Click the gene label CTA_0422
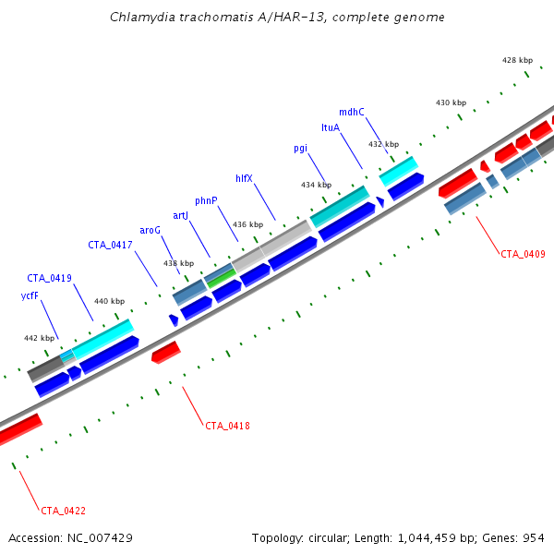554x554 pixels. (x=63, y=510)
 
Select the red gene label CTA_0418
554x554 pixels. (x=227, y=426)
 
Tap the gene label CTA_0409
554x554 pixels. (x=523, y=253)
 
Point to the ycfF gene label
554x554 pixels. (x=29, y=296)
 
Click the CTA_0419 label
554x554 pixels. (x=49, y=278)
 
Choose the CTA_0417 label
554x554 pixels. (x=111, y=245)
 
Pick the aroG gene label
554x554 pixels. (x=150, y=230)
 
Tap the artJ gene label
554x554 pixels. (x=181, y=215)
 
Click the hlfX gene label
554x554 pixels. (x=244, y=178)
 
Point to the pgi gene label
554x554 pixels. (x=300, y=148)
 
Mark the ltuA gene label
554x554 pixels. (x=331, y=127)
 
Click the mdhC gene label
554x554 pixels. (x=352, y=112)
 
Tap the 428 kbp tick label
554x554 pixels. (x=517, y=60)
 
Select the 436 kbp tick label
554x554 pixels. (x=247, y=224)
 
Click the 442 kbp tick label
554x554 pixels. (x=38, y=338)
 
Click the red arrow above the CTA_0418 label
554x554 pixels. (x=166, y=352)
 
